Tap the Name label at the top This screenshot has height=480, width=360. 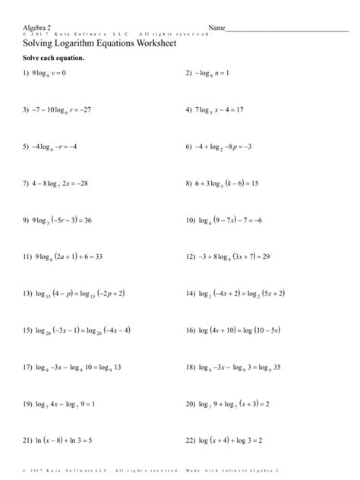pyautogui.click(x=217, y=28)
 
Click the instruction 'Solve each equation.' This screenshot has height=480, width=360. pyautogui.click(x=52, y=58)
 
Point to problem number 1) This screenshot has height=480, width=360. pyautogui.click(x=27, y=74)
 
